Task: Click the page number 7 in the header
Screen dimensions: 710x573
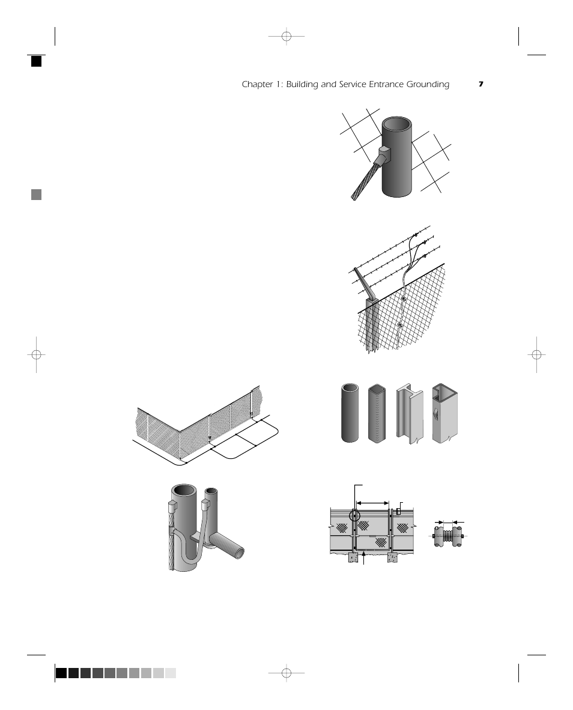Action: point(481,85)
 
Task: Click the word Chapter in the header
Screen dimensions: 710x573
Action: point(255,85)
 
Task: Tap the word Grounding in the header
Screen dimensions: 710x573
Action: point(427,85)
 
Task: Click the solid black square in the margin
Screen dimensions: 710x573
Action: point(37,61)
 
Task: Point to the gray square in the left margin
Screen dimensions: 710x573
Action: point(37,195)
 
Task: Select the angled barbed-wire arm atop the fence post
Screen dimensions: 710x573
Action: point(364,283)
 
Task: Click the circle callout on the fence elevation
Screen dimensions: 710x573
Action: point(355,515)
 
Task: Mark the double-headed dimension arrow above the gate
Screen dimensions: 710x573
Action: point(373,503)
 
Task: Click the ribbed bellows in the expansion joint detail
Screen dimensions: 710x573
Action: point(449,535)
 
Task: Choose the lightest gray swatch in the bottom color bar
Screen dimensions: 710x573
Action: point(171,673)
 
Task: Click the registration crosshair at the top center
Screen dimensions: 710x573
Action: point(286,37)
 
